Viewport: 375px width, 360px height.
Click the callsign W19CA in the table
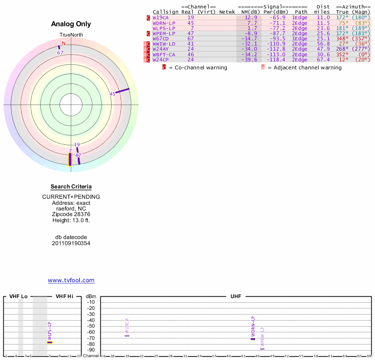coord(160,17)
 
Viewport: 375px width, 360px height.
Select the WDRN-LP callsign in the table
coord(164,22)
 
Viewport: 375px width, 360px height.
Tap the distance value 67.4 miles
coord(323,60)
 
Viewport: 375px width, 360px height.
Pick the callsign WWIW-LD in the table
coord(164,44)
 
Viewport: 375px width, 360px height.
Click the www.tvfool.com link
coord(71,280)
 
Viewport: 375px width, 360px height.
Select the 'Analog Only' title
coord(71,24)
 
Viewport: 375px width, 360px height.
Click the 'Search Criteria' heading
coord(71,187)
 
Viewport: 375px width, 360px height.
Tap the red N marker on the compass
coord(64,43)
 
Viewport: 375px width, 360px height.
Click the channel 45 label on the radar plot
coord(112,94)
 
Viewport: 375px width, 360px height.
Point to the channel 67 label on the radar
coord(60,52)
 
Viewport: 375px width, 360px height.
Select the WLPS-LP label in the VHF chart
coord(50,330)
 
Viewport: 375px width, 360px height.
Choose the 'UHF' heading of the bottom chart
coord(235,296)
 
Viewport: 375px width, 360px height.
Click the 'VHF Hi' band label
coord(64,296)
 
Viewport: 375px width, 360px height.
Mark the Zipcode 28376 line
coord(71,213)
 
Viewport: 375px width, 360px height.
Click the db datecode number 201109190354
coord(71,243)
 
